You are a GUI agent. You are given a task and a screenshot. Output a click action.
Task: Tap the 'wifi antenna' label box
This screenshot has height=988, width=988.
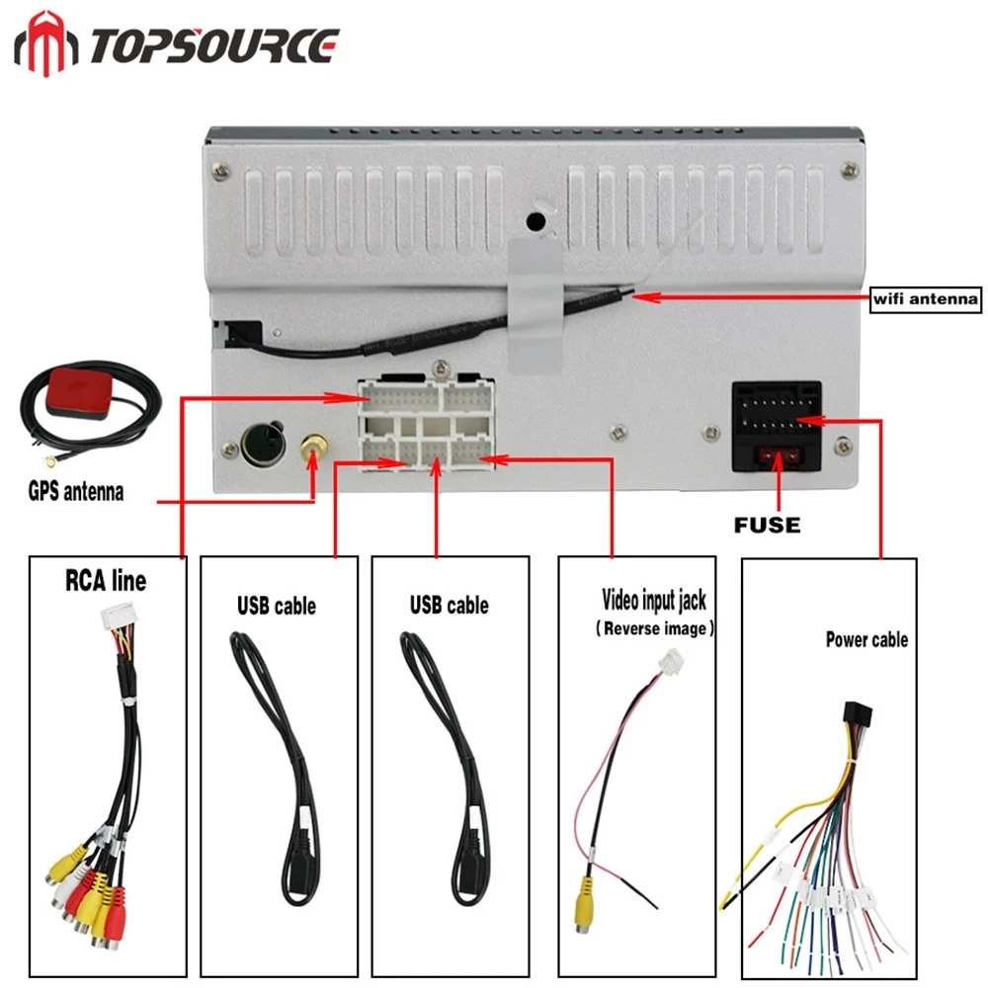coord(924,297)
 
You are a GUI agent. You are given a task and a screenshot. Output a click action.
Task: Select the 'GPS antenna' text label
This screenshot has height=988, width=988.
coord(76,490)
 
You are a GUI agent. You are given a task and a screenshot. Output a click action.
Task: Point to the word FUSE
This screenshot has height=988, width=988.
coord(768,525)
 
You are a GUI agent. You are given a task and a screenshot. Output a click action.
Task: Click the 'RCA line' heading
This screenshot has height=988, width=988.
coord(105,580)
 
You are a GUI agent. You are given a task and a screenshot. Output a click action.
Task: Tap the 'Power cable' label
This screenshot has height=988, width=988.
coord(865,639)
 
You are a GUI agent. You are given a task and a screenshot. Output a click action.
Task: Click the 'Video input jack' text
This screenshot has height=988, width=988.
coord(654,599)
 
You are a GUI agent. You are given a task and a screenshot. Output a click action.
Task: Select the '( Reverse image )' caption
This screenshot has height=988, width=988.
coord(655,628)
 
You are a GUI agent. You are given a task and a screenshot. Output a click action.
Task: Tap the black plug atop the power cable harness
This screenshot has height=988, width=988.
coord(855,718)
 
